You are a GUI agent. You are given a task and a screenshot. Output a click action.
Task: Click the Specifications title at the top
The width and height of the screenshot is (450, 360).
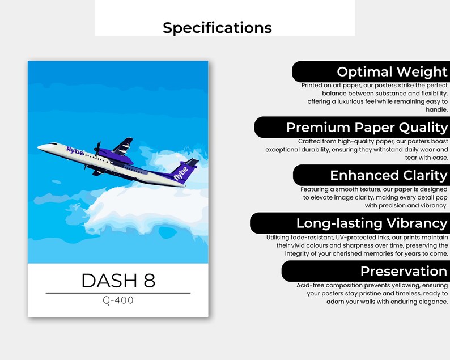pos(217,28)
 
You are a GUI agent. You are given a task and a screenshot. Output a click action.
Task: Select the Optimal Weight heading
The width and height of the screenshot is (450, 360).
pos(392,72)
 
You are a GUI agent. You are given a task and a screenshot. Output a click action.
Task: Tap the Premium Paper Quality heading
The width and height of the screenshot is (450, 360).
pos(367,128)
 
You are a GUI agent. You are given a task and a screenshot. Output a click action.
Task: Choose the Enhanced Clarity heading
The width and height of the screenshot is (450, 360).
pos(388,175)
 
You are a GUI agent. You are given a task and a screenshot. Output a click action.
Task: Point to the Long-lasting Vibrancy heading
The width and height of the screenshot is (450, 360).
pos(371,223)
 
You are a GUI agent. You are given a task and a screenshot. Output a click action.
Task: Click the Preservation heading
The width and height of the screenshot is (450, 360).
pos(404,271)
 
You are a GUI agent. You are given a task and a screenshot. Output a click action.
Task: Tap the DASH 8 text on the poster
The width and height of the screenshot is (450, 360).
pos(118,281)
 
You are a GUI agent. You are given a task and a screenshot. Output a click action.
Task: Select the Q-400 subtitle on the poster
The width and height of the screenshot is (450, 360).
pos(118,300)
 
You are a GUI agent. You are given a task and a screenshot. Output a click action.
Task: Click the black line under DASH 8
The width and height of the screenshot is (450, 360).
pos(118,293)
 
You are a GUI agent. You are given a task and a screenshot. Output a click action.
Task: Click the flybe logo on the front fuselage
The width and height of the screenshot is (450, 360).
pos(75,151)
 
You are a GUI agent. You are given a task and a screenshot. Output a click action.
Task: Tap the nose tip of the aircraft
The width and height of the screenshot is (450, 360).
pos(39,148)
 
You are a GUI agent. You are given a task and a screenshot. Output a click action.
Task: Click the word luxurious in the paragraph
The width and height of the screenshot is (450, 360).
pos(358,101)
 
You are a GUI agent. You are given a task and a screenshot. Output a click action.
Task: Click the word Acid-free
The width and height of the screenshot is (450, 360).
pos(311,285)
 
